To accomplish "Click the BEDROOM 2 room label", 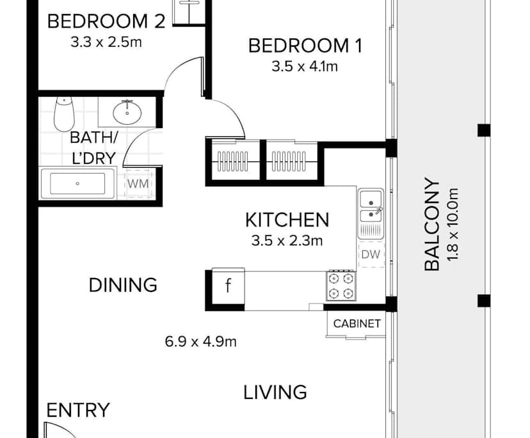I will click(107, 21).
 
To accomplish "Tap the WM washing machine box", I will click(138, 184).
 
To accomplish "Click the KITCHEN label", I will click(287, 220).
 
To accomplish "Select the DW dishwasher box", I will click(370, 255).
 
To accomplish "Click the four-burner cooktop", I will click(341, 286).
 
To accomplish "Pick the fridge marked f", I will click(227, 286).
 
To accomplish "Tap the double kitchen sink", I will click(371, 206).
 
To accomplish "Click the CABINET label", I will click(357, 324).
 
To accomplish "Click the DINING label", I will click(123, 285).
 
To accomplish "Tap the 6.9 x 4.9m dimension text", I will click(200, 341).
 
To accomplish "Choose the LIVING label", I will click(275, 392).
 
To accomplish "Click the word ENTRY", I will click(78, 410).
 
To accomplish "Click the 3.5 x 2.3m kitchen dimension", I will click(287, 241).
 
